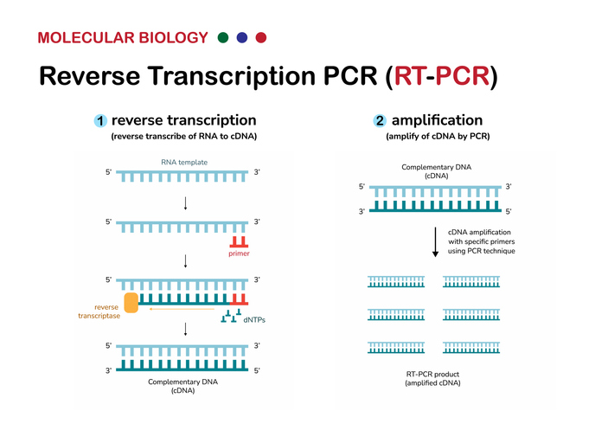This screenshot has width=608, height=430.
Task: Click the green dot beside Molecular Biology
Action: (x=224, y=38)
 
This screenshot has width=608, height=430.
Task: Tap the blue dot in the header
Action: (x=242, y=38)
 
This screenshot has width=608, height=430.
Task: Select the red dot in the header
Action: (x=261, y=38)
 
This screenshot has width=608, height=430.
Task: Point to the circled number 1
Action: (x=99, y=121)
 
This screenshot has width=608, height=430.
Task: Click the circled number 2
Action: (x=380, y=121)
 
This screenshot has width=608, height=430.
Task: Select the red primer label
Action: (x=239, y=254)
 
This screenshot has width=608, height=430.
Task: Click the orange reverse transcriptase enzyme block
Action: (x=131, y=302)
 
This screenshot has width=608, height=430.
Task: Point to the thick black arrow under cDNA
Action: (x=434, y=241)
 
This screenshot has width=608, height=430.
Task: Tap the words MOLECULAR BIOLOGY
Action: (x=123, y=38)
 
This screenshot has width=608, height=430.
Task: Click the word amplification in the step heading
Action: (x=437, y=120)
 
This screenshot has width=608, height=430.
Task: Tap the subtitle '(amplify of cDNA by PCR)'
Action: (x=433, y=137)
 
